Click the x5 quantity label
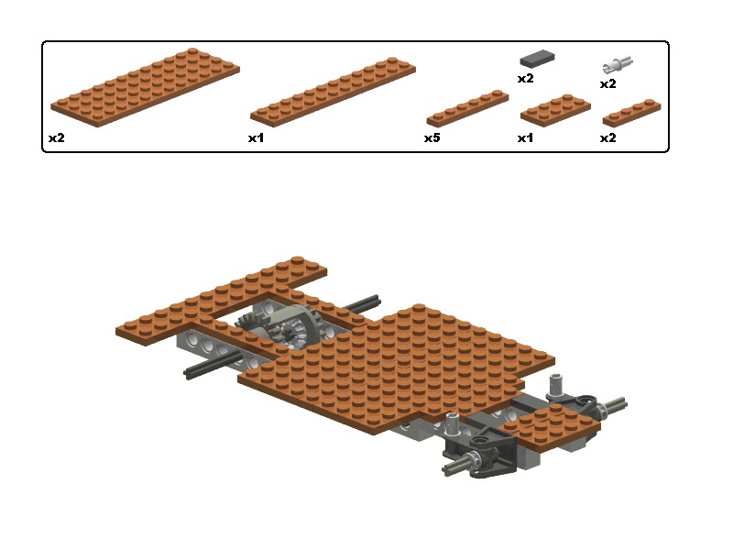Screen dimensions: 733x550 432,138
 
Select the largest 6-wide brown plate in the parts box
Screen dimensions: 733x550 146,87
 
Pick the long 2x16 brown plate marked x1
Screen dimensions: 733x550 333,93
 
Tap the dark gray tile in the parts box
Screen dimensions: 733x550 537,58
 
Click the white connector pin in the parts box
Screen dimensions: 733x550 617,64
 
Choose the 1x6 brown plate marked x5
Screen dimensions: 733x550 467,108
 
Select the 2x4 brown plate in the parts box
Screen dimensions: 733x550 555,110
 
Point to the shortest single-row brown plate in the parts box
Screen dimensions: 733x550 631,113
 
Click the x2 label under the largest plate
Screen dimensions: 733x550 57,138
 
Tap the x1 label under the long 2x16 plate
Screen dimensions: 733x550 256,138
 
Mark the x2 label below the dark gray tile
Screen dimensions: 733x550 525,79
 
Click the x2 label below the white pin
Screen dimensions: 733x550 607,84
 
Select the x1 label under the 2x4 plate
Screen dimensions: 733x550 525,138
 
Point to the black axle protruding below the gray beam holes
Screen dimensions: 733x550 212,365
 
